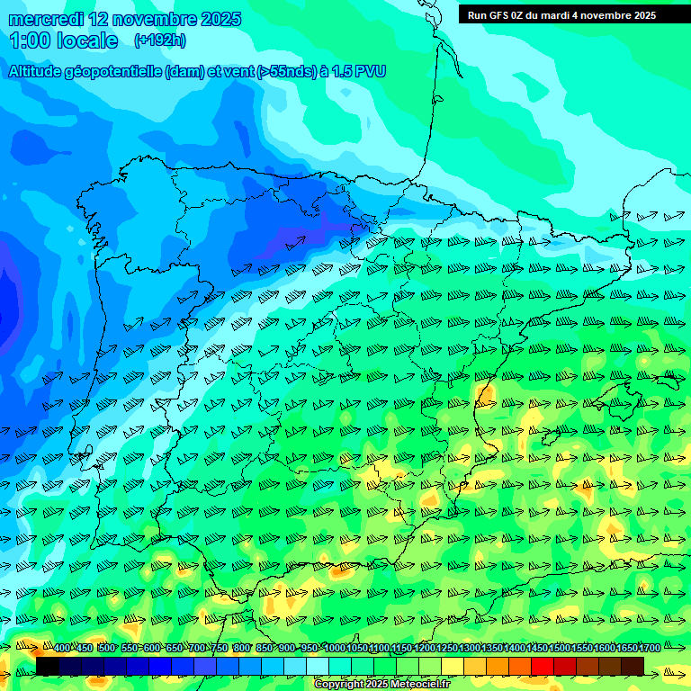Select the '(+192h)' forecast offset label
point(159,40)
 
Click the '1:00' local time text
point(29,40)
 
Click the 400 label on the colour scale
point(62,649)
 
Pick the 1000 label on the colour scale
point(334,649)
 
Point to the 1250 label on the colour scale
point(446,649)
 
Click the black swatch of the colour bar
point(48,666)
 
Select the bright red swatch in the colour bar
point(543,666)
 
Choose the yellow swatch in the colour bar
point(453,666)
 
